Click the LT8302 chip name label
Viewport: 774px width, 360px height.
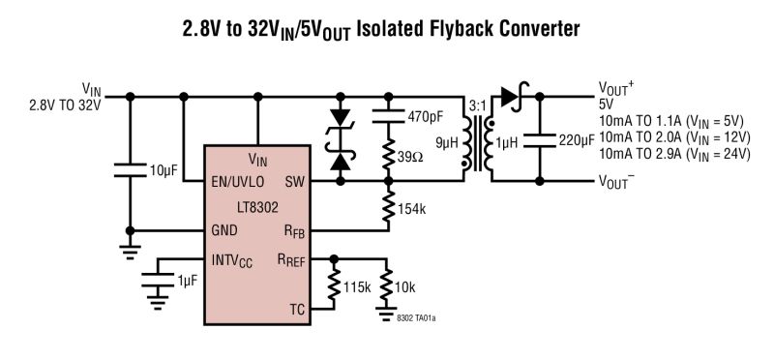[x=257, y=205]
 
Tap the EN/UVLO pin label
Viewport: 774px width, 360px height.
[x=241, y=181]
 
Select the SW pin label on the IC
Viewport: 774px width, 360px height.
[x=295, y=181]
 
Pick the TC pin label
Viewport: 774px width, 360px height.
[x=298, y=310]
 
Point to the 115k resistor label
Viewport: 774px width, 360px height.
[x=355, y=288]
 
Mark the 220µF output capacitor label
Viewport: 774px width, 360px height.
[x=577, y=141]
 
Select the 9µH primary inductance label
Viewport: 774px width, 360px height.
[x=448, y=142]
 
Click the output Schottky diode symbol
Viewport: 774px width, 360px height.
[x=510, y=96]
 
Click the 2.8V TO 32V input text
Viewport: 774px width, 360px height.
[x=65, y=105]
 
